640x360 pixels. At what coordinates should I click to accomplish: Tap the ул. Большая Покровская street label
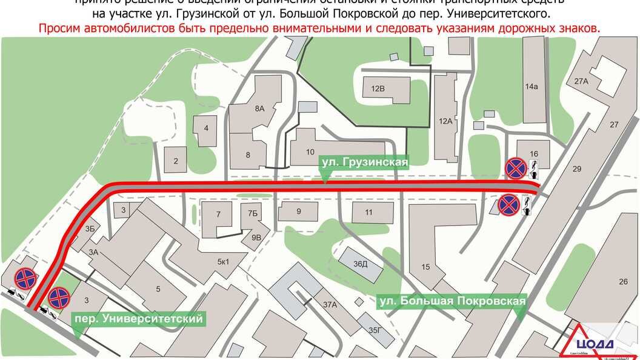[451, 300]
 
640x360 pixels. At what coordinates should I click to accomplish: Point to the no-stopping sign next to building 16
[516, 168]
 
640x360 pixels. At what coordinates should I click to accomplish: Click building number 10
[310, 152]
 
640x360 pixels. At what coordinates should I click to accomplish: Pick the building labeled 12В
[378, 88]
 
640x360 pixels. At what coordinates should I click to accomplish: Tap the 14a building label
[532, 87]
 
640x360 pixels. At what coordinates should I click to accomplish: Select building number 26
[624, 282]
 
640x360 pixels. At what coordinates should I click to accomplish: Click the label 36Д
[361, 264]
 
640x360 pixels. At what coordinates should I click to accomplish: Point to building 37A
[330, 305]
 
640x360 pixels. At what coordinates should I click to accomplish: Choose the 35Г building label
[376, 330]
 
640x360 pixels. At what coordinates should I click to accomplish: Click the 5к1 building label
[223, 262]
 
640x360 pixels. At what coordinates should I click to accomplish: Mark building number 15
[425, 267]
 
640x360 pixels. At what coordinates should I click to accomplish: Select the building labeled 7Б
[253, 213]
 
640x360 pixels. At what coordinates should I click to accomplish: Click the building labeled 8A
[260, 108]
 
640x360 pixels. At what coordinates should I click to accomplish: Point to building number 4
[206, 128]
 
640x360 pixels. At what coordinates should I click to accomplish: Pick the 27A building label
[582, 81]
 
